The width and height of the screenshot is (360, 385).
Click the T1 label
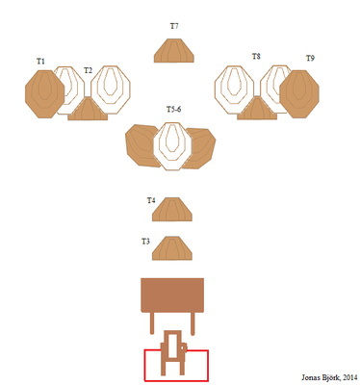click(x=40, y=61)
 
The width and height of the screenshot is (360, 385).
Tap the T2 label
click(x=88, y=70)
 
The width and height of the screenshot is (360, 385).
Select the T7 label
click(x=174, y=26)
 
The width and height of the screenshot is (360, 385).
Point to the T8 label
click(x=256, y=57)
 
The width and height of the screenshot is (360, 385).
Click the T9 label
click(x=310, y=58)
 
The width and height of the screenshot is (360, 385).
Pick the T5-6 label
click(x=173, y=109)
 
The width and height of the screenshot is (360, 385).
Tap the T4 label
click(x=151, y=200)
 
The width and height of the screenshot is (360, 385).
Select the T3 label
click(x=145, y=241)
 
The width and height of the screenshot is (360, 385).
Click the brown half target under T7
click(x=174, y=50)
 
